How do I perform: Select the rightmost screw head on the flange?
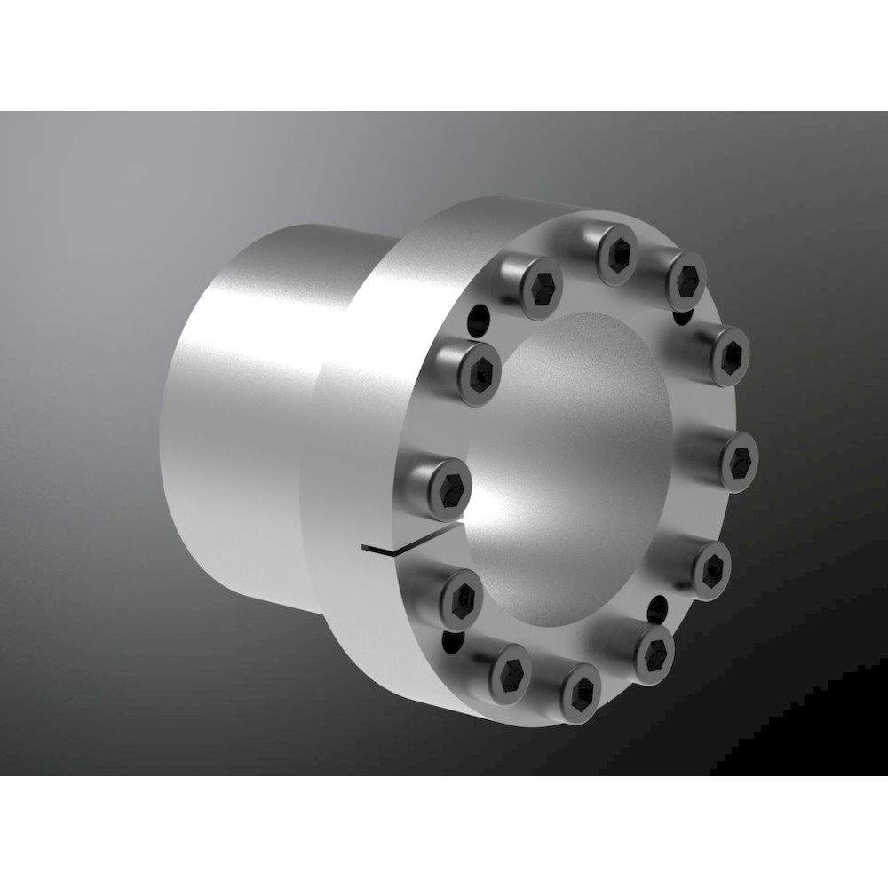pos(737,462)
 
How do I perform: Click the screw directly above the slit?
pos(451,483)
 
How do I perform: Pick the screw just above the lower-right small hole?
pos(710,567)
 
